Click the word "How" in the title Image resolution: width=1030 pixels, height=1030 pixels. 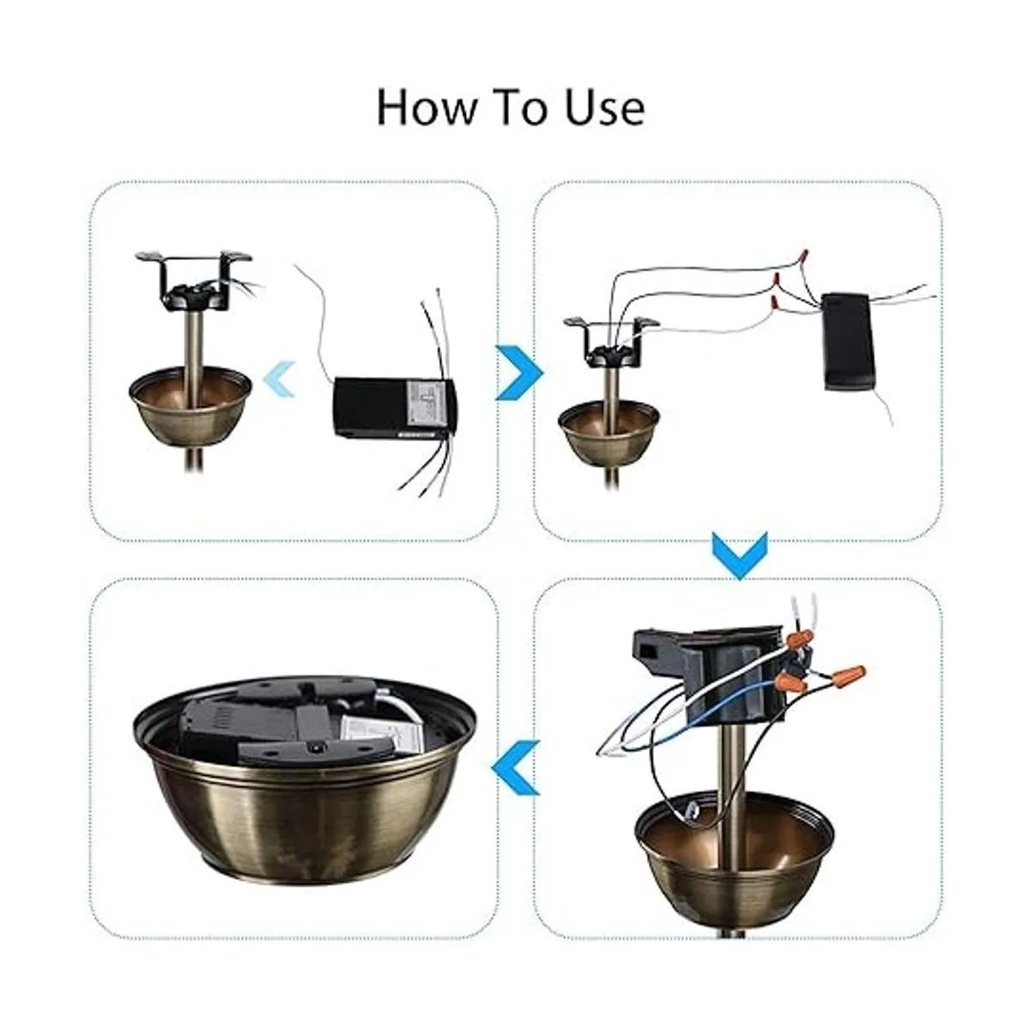click(426, 107)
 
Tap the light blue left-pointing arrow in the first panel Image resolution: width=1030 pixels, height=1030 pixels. click(280, 379)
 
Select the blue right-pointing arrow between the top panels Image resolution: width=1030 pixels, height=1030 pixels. click(519, 373)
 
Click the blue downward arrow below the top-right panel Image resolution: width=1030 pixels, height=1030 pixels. click(740, 555)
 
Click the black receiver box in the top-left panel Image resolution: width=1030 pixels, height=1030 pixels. click(396, 408)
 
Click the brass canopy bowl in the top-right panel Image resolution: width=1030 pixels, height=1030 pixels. click(609, 431)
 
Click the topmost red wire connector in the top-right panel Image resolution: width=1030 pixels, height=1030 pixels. click(802, 256)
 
